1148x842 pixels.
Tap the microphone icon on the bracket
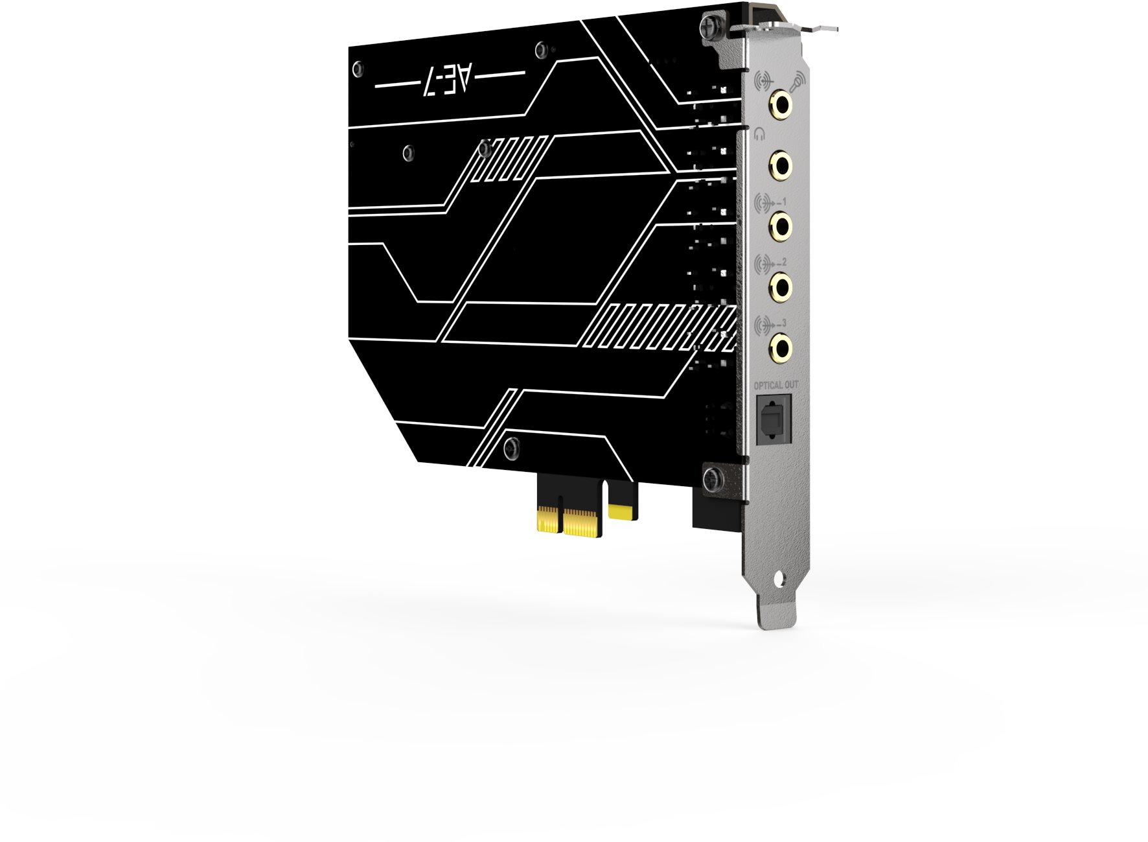coord(797,82)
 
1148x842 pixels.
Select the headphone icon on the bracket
coord(760,134)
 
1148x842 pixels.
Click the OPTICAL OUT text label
coord(775,386)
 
